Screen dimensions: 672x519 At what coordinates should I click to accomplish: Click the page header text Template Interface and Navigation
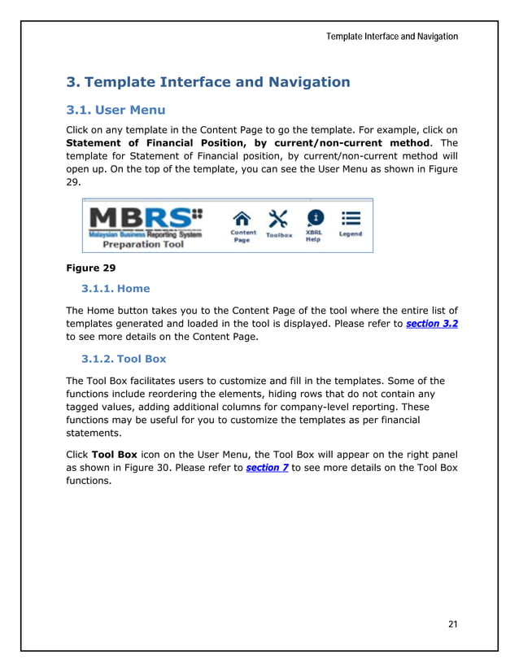pos(391,37)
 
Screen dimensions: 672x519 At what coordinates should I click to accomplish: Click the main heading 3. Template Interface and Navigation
pos(207,82)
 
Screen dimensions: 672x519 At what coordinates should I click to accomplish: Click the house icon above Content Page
pos(242,218)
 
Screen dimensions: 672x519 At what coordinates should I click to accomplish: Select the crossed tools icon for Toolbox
pos(278,219)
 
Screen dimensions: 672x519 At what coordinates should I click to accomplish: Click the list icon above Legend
pos(351,218)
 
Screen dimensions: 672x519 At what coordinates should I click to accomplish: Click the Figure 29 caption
pos(90,267)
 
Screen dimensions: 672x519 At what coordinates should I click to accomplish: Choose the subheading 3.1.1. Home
pos(116,288)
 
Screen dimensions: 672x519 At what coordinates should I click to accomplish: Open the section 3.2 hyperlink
pos(431,323)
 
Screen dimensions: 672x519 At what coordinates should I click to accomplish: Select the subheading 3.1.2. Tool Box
pos(126,360)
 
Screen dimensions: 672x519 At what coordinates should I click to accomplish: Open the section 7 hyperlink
pos(267,468)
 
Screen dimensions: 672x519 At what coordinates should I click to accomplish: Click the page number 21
pos(452,624)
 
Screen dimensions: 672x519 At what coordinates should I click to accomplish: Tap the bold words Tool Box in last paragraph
pos(114,454)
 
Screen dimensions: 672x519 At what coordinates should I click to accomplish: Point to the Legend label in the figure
pos(351,234)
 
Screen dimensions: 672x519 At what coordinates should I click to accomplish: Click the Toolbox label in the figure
pos(279,235)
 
